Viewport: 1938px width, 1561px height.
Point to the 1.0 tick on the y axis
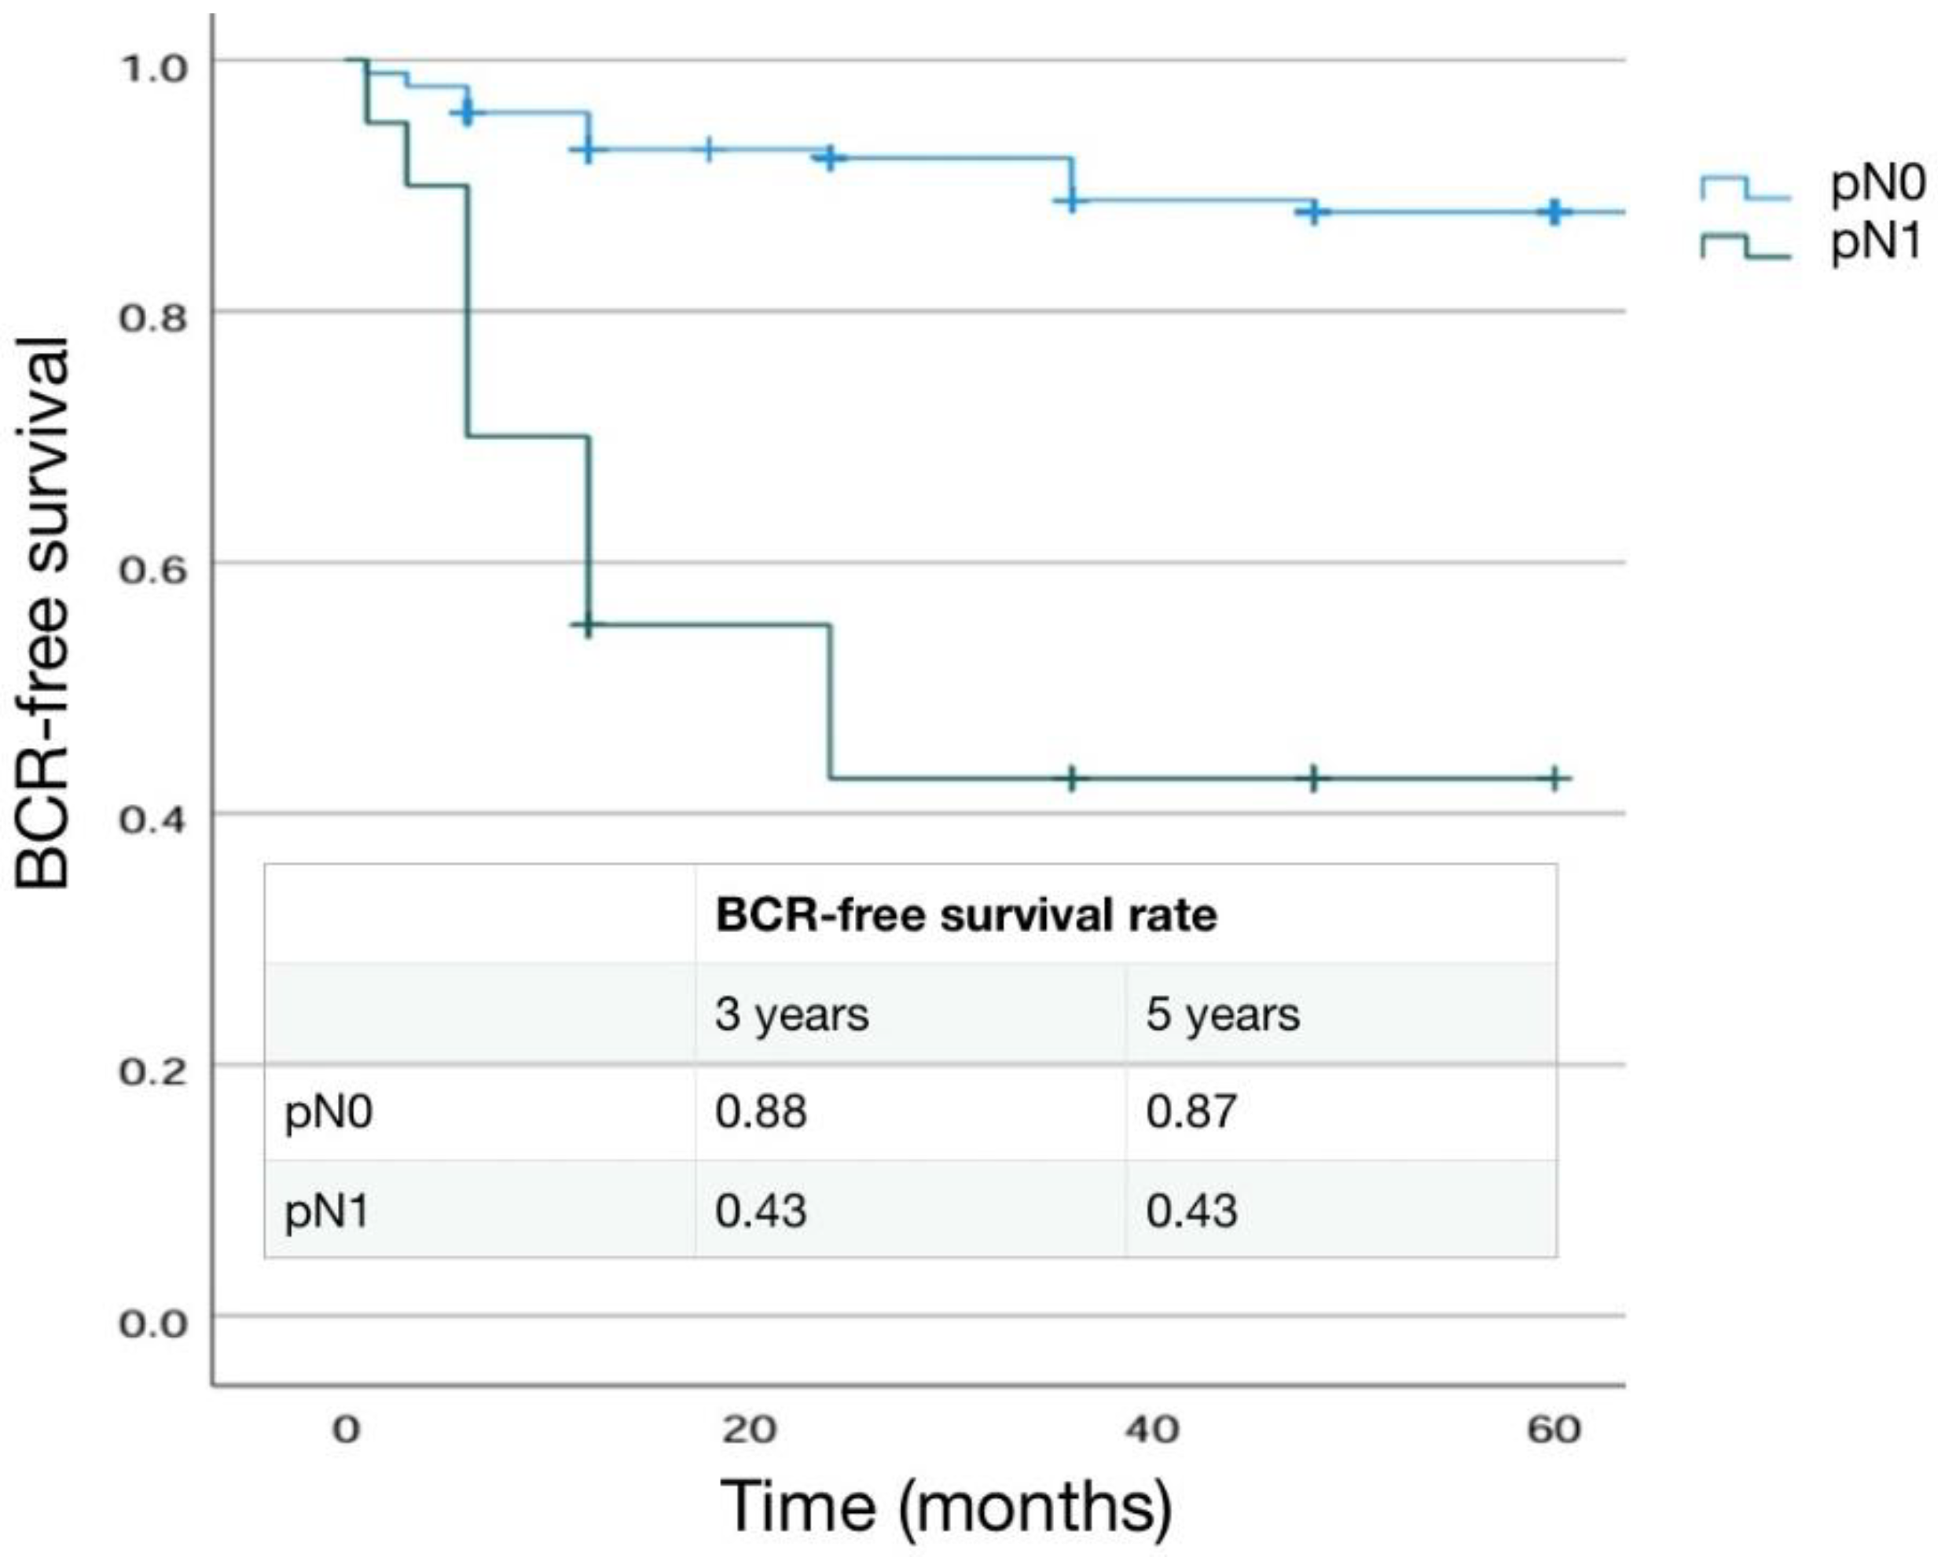click(152, 67)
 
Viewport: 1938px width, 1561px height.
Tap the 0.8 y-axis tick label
click(152, 318)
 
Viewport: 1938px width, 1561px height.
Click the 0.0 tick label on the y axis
click(152, 1324)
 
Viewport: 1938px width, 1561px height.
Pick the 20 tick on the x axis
click(750, 1429)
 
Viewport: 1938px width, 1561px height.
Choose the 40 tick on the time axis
click(1152, 1429)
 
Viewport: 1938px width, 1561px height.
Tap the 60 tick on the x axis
click(1554, 1429)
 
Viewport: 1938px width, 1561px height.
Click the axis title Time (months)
click(946, 1507)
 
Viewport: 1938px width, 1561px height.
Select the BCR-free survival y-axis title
click(42, 613)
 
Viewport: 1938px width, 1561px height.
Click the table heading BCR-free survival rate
click(967, 916)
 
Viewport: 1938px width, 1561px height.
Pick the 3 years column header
click(792, 1014)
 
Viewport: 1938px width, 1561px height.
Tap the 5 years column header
click(1223, 1014)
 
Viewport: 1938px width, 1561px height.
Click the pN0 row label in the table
click(328, 1113)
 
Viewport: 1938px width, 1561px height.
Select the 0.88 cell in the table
click(761, 1111)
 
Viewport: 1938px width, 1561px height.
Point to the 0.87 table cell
click(1191, 1111)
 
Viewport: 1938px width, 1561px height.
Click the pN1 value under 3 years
click(761, 1210)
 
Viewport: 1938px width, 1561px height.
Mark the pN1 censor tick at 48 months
click(1313, 778)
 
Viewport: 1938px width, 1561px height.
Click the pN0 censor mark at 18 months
click(709, 149)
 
